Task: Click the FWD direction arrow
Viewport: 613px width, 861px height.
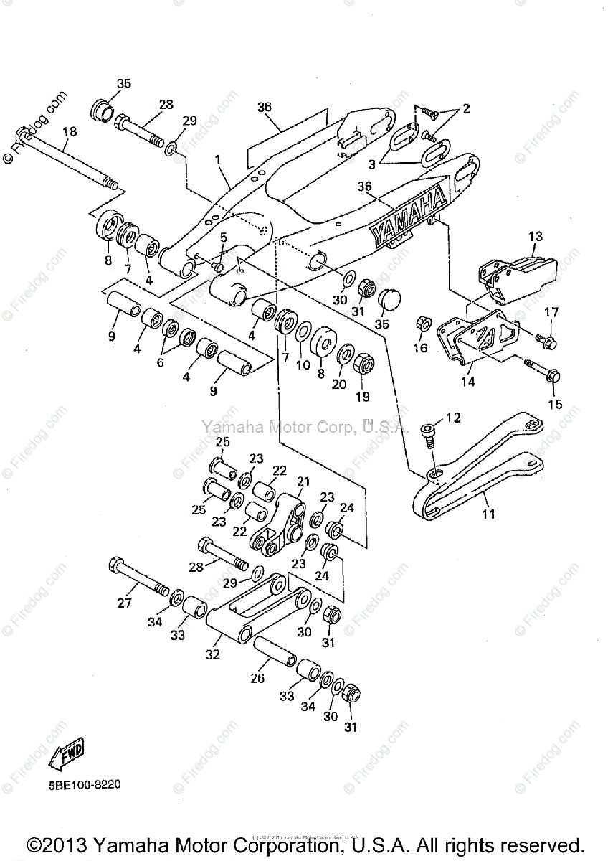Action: click(x=66, y=753)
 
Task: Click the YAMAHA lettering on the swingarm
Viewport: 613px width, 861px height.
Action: click(x=408, y=214)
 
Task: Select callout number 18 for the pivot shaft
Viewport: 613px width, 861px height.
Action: click(x=69, y=132)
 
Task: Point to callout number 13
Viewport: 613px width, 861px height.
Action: click(x=536, y=236)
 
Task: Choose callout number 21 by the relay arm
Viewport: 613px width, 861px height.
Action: click(x=303, y=481)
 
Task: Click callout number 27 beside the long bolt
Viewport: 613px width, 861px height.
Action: click(x=124, y=603)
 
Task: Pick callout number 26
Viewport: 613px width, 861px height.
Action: click(x=257, y=678)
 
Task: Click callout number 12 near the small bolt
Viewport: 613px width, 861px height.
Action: click(x=453, y=418)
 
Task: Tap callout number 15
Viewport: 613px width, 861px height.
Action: click(x=555, y=405)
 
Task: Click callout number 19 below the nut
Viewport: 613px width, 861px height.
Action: click(x=363, y=397)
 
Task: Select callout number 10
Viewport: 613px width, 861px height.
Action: click(x=303, y=365)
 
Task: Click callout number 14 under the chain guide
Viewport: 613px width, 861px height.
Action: click(x=467, y=382)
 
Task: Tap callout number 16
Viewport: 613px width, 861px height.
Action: click(x=420, y=349)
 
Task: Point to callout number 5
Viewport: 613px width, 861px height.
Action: click(x=223, y=237)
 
